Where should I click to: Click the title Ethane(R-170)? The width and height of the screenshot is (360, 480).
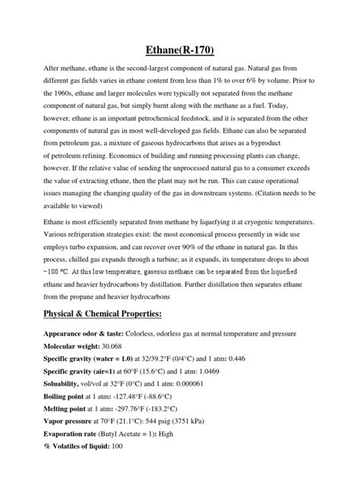point(180,51)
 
